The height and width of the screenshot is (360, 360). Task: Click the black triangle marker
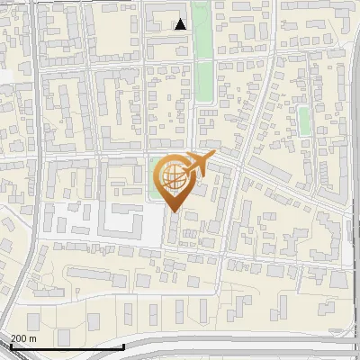click(180, 24)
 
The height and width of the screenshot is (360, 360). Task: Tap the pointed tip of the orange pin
click(174, 212)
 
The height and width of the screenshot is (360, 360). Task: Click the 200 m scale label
click(22, 338)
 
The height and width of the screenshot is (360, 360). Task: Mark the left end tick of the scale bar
click(10, 345)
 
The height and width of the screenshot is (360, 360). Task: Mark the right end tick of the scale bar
click(122, 345)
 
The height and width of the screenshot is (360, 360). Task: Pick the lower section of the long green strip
click(204, 81)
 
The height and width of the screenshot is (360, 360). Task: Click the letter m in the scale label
click(33, 338)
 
